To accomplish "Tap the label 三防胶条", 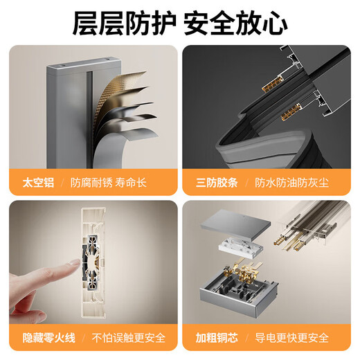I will [217, 183].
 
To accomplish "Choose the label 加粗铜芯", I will [217, 338].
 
